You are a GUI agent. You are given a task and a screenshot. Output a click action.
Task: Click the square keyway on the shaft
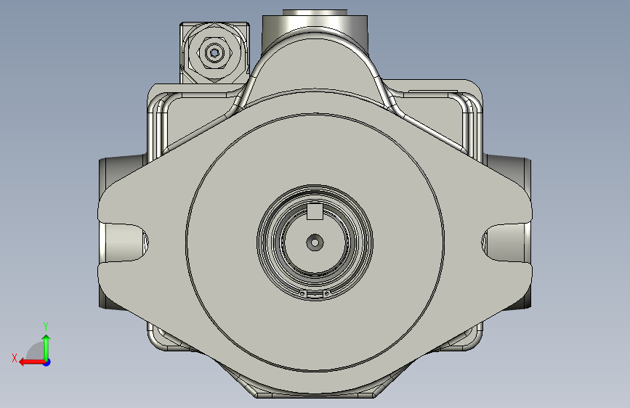pos(315,212)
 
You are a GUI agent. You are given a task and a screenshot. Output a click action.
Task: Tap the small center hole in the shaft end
pos(315,242)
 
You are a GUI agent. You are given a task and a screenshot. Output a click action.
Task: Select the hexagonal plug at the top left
pos(214,52)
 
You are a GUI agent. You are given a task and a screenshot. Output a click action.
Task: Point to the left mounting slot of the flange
pos(124,242)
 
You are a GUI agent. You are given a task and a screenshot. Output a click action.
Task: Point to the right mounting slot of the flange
pos(506,242)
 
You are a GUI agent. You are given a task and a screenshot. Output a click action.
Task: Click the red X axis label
pos(15,358)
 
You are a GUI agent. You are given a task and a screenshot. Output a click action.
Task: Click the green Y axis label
pos(46,327)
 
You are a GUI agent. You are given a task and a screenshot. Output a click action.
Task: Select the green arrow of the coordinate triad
pos(47,348)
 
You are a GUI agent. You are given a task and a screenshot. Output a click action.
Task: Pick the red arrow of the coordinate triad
pos(32,362)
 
